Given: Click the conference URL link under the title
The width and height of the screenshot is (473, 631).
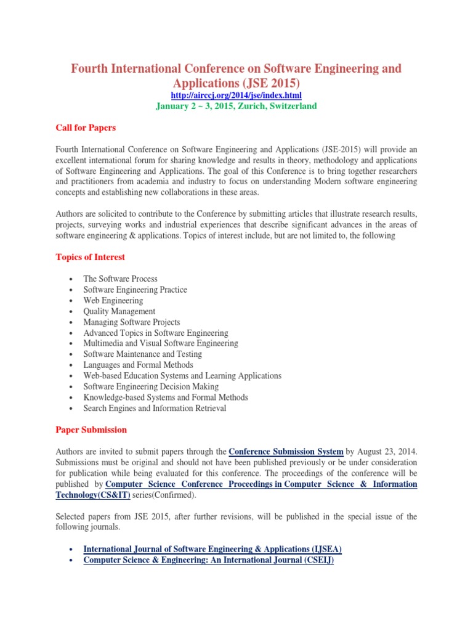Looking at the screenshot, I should tap(236, 96).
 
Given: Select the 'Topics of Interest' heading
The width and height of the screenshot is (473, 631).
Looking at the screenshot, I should tap(91, 257).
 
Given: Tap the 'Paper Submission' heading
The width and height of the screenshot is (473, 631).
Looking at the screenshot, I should tap(91, 429).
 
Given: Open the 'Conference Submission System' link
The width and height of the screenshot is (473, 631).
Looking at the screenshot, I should tap(286, 451).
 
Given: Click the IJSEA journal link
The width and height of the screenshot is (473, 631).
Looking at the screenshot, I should tap(212, 548).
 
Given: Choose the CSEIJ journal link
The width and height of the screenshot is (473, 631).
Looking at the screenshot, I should tap(208, 560).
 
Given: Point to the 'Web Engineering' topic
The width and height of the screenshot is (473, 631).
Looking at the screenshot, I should tap(113, 301).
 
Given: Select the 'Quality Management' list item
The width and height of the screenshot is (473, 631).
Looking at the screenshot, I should tap(119, 311).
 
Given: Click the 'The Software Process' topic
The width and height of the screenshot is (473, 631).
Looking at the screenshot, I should tap(121, 279).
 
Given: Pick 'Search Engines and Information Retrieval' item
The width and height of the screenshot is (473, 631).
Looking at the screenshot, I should tap(155, 408).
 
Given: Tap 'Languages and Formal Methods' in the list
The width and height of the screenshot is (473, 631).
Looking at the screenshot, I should tap(138, 365).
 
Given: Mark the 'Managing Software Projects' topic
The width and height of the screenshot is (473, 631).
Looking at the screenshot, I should tap(132, 322).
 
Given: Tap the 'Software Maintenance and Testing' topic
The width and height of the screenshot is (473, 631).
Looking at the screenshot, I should tap(143, 354).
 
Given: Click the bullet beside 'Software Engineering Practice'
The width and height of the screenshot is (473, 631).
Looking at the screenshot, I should tap(73, 290).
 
